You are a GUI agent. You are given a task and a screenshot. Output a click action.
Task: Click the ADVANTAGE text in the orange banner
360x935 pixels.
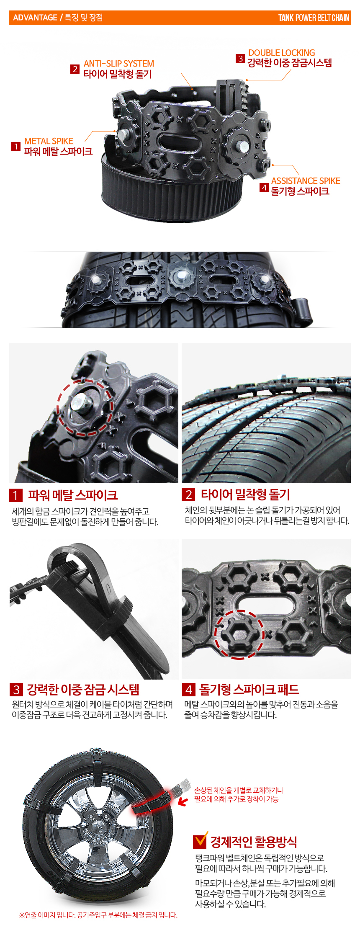point(35,18)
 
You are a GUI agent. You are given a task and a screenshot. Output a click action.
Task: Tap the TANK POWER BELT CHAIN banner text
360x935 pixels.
point(314,18)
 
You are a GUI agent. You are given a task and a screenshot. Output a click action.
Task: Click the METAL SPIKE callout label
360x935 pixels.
point(49,141)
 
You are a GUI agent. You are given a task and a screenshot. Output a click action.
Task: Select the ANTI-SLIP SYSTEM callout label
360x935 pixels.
point(119,64)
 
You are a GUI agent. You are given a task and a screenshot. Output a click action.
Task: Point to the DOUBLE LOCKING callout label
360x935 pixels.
point(282,53)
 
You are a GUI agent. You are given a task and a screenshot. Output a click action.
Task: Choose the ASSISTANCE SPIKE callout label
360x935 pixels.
point(306,181)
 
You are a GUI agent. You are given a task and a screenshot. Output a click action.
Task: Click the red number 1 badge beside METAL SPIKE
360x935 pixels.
point(16,147)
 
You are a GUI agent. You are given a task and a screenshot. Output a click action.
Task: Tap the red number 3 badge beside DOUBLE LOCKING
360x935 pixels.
point(240,58)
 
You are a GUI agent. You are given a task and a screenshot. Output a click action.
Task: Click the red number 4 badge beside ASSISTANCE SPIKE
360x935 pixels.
point(264,187)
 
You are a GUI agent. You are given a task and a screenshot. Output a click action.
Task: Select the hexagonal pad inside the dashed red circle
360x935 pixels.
point(239,634)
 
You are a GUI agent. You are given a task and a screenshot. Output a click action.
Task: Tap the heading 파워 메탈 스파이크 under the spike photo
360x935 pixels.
point(73,495)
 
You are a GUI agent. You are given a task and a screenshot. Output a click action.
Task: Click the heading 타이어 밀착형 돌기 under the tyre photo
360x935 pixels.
point(245,495)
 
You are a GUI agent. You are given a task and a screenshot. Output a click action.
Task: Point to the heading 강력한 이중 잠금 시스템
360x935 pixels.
point(83,690)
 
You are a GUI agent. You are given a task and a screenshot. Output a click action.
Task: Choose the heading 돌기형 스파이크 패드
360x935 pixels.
point(249,690)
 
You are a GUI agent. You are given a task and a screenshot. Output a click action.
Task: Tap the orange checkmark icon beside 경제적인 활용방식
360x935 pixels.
point(201,840)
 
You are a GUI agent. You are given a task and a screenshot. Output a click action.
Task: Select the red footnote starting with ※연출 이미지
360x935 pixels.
point(98,915)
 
